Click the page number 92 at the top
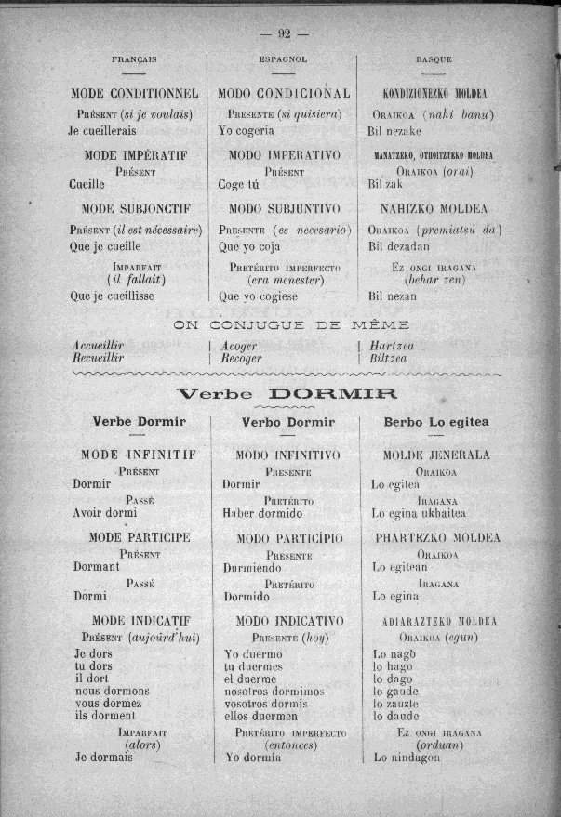point(284,34)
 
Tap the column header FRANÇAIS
point(134,59)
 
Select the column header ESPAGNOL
point(284,59)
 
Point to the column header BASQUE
point(434,59)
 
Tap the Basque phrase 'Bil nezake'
point(395,131)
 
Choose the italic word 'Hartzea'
point(392,345)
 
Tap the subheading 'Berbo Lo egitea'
point(435,422)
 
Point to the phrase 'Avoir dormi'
point(105,512)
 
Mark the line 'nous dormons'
point(112,691)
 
